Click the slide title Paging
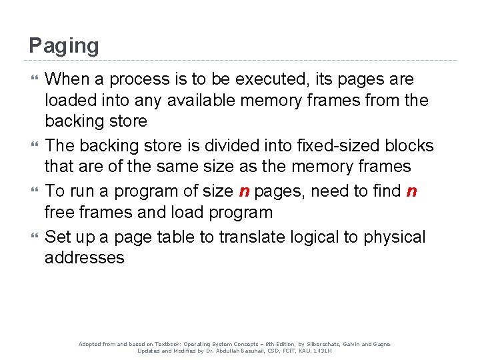(x=64, y=45)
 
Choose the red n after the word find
(x=411, y=191)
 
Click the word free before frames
(x=62, y=213)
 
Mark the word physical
(x=396, y=237)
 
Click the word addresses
(x=85, y=258)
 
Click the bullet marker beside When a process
(x=35, y=79)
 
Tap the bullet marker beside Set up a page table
(x=35, y=237)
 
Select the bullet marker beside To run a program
(x=35, y=191)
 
